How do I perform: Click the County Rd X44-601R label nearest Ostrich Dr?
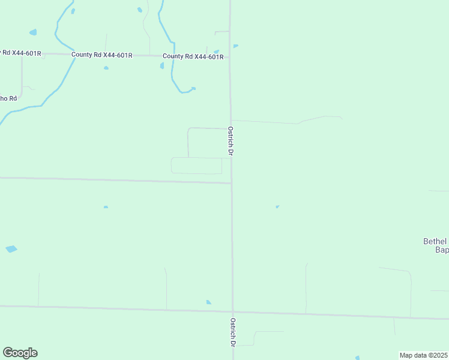point(193,57)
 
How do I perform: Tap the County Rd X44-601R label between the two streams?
point(101,55)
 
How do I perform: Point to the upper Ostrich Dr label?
point(230,141)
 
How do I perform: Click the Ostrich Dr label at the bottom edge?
point(232,332)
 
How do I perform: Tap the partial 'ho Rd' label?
point(8,98)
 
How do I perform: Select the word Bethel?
point(436,241)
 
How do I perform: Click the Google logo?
point(20,353)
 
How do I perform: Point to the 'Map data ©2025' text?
point(424,355)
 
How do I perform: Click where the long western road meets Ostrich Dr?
point(232,183)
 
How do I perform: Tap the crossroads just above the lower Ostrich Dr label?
point(232,311)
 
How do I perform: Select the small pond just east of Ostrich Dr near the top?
point(235,46)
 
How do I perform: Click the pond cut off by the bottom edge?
point(358,358)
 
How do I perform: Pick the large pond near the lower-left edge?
point(11,249)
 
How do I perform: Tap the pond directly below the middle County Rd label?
point(106,68)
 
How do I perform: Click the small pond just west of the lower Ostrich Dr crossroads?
point(208,302)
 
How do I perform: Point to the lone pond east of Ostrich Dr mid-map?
point(277,207)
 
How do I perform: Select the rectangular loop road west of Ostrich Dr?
point(196,166)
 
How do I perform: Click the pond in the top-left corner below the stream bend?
point(32,32)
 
